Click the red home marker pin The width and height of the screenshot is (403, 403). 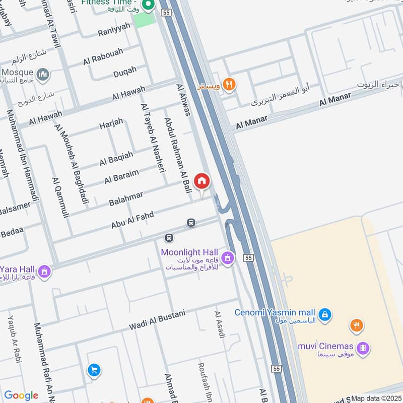tap(202, 181)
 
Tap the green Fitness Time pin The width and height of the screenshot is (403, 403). tap(148, 6)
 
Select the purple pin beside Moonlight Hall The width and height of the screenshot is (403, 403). tap(228, 258)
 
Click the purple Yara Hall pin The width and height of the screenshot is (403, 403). tap(44, 272)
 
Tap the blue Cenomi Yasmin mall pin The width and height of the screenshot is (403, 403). tap(325, 313)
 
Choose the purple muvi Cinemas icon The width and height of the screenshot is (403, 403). tap(363, 348)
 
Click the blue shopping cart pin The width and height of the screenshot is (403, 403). tap(93, 371)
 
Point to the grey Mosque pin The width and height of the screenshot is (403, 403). tap(43, 75)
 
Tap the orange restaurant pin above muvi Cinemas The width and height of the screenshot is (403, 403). tap(357, 325)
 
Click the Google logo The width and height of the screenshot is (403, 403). tap(21, 395)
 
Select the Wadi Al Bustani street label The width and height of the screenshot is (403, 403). tap(157, 319)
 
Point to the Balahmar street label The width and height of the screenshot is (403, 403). tap(126, 198)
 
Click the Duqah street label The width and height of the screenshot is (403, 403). tap(124, 72)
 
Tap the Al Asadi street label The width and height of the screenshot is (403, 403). tap(219, 324)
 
